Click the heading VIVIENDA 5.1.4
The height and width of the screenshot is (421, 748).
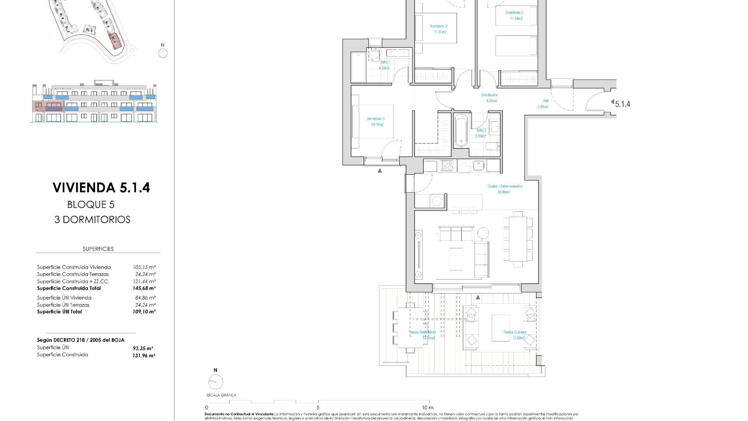click(101, 188)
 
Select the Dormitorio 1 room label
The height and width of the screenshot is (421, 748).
click(375, 119)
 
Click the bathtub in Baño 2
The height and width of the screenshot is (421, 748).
click(461, 130)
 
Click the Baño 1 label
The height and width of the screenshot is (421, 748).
click(385, 62)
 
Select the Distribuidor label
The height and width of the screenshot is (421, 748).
click(489, 95)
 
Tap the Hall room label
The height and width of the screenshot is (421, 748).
click(545, 101)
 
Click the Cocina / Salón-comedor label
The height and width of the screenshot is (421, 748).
click(505, 186)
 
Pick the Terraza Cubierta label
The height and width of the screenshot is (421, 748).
click(514, 333)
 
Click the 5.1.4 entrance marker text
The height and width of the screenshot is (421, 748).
click(622, 104)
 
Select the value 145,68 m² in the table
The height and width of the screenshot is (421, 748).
click(144, 288)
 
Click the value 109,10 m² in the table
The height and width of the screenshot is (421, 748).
click(144, 312)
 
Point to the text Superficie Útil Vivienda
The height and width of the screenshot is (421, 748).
click(64, 298)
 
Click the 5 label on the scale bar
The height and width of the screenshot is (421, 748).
click(318, 407)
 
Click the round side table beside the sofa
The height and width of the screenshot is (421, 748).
click(483, 233)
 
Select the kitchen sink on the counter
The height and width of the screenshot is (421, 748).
click(478, 166)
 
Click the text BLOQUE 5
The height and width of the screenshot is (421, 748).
click(91, 205)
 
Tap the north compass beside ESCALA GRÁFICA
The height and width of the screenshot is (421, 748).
click(215, 382)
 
